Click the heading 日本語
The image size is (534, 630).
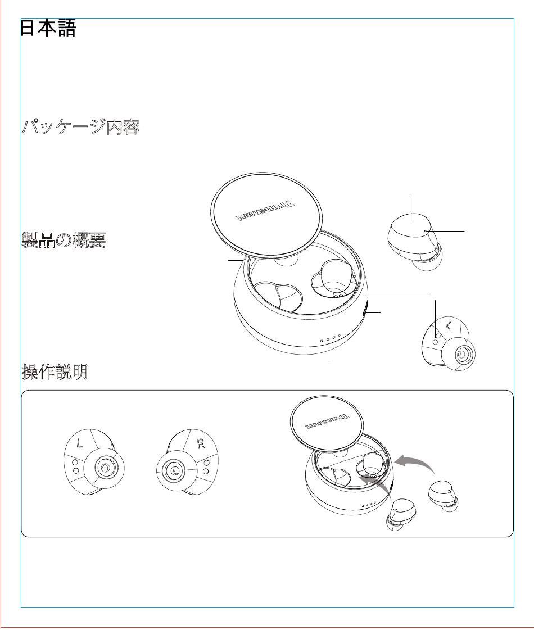tap(48, 28)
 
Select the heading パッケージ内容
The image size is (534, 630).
tap(81, 126)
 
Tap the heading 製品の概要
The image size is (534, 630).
tap(64, 240)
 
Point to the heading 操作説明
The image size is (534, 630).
tap(55, 371)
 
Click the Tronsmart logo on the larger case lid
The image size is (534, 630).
tap(264, 211)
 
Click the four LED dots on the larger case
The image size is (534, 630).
tap(331, 338)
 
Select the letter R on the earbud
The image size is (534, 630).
tap(201, 443)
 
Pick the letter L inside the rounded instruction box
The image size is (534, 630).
tap(80, 443)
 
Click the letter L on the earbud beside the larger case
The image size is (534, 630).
tap(449, 325)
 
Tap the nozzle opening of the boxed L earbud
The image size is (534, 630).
tap(105, 468)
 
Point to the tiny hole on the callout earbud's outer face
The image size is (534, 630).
tap(426, 231)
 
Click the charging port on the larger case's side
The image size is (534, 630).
tap(365, 312)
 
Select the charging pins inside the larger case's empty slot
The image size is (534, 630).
tap(339, 294)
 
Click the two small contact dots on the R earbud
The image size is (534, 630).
tap(206, 467)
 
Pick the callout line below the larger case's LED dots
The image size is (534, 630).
tap(329, 352)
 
